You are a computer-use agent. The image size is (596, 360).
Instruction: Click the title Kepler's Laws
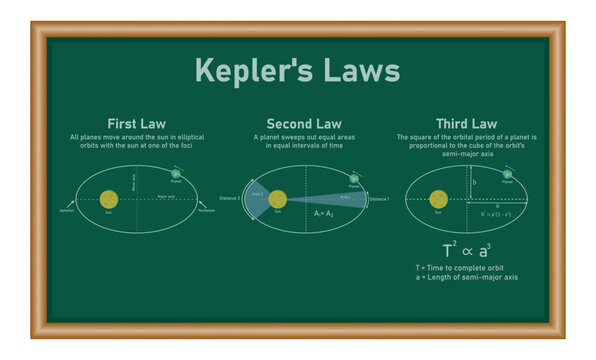point(297,72)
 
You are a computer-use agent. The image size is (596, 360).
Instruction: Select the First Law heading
point(145,123)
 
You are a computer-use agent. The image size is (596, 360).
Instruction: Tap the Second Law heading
point(297,123)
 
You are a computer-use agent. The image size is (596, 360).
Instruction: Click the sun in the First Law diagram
point(108,199)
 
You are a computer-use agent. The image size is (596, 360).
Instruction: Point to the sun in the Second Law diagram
point(277,199)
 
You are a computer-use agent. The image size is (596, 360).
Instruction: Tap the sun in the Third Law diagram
point(438,199)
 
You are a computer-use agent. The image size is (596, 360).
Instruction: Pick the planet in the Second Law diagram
point(353,176)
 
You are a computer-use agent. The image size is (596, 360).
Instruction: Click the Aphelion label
point(67,211)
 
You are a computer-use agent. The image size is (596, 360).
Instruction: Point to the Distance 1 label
point(379,200)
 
